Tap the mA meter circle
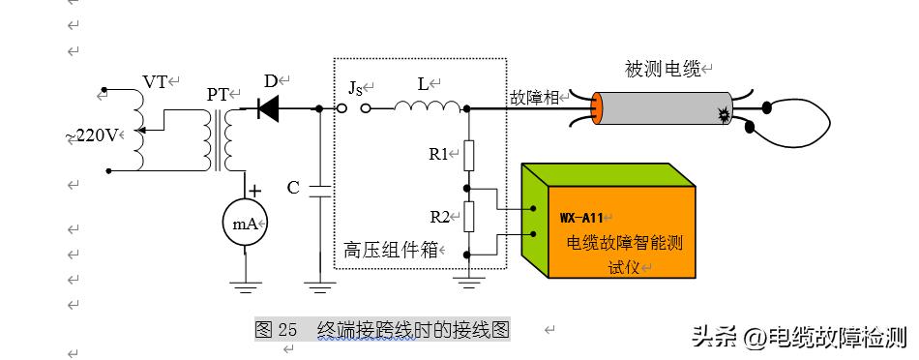point(245,223)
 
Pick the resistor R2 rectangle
point(467,217)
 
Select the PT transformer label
point(219,95)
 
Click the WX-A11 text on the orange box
point(581,217)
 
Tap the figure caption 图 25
point(276,329)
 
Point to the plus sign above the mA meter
point(254,191)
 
